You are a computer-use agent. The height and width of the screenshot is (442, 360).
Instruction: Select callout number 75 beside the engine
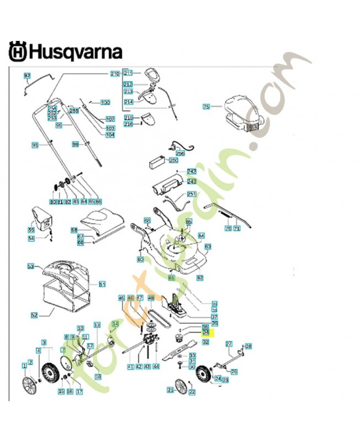tap(207, 107)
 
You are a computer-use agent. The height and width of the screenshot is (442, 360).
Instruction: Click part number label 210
tap(115, 73)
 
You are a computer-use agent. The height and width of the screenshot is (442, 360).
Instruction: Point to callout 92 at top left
tap(27, 75)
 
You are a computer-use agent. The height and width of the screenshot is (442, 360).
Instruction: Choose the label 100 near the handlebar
tap(105, 103)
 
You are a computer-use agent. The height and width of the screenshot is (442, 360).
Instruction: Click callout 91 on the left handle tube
tap(34, 145)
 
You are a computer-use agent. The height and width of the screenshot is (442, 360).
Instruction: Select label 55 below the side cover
tap(31, 229)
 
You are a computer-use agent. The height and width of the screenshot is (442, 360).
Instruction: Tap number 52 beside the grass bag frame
tap(34, 315)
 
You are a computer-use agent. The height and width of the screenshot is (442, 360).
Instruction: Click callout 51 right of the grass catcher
tap(102, 284)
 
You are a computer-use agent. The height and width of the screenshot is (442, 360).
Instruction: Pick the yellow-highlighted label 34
tap(206, 333)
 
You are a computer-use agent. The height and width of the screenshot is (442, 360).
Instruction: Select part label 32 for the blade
tap(206, 342)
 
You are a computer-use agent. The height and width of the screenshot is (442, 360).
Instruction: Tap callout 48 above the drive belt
tap(151, 298)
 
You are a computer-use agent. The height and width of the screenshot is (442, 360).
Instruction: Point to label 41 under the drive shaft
tap(130, 366)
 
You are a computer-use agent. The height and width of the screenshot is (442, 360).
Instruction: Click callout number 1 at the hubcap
tap(24, 365)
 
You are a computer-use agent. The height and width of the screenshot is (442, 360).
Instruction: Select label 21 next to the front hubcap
tap(171, 390)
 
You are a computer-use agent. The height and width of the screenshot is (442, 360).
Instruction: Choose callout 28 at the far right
tap(248, 346)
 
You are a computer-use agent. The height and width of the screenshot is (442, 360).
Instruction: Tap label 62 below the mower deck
tap(200, 277)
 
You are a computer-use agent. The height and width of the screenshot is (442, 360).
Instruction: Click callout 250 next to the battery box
tap(173, 161)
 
